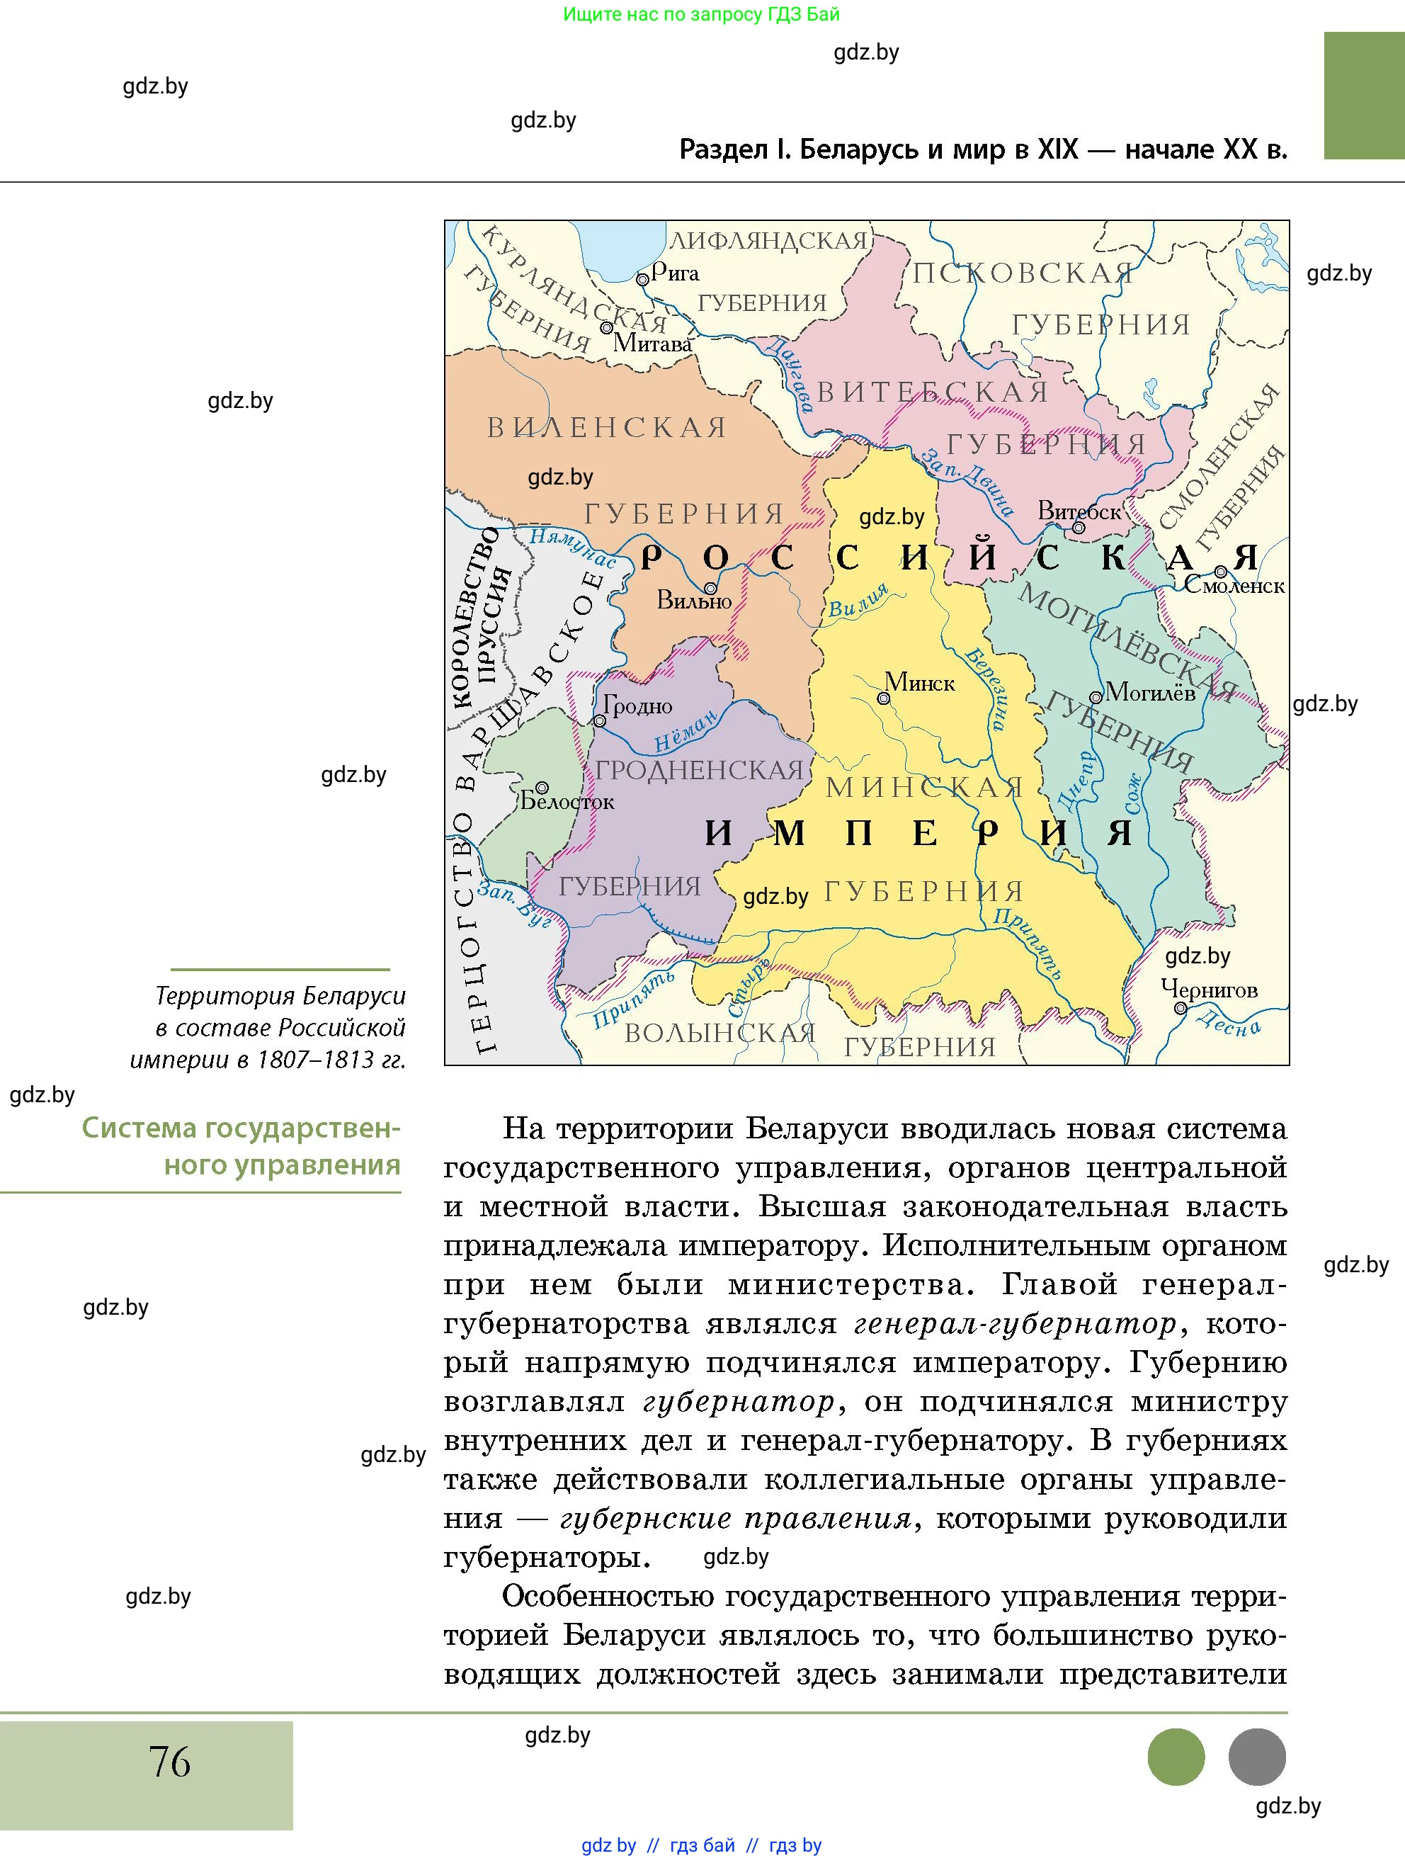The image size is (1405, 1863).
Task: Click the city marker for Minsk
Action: click(883, 698)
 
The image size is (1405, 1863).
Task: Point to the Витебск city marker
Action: click(1079, 528)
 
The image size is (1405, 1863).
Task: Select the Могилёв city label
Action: click(1150, 692)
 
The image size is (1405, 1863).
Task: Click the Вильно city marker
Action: click(710, 589)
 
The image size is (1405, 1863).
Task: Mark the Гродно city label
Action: click(638, 706)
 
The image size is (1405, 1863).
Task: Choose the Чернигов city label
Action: click(1209, 989)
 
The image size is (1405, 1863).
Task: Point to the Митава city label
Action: click(652, 343)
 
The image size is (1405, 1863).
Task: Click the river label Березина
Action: click(985, 687)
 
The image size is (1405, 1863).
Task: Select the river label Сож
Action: click(1134, 793)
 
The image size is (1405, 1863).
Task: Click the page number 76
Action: click(169, 1762)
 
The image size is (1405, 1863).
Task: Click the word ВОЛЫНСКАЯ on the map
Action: click(719, 1034)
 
